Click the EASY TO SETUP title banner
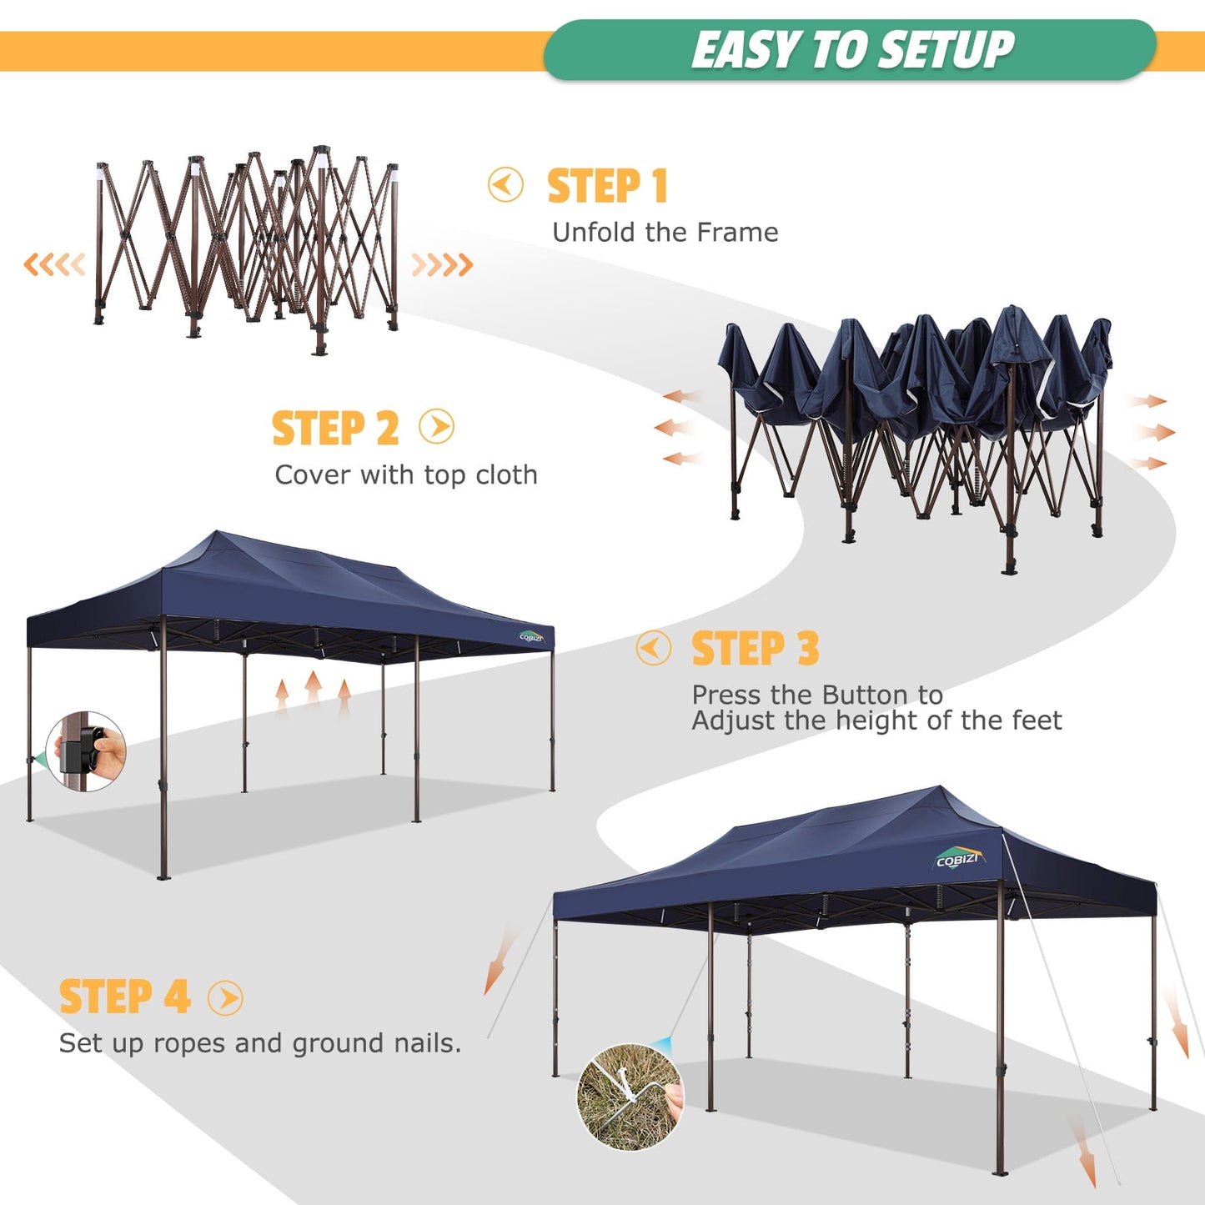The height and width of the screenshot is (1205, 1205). click(x=851, y=50)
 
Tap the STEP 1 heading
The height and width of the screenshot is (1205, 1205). click(x=607, y=186)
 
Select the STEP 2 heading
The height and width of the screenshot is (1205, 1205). click(x=335, y=429)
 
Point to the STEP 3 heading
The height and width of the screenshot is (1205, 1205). click(x=755, y=649)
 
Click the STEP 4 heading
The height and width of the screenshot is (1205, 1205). click(x=124, y=997)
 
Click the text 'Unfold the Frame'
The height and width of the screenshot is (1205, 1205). click(x=665, y=233)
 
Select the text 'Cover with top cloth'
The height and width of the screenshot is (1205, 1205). click(x=406, y=475)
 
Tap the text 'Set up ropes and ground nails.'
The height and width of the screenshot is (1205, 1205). click(x=259, y=1043)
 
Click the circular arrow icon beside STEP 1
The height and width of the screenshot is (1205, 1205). click(x=505, y=185)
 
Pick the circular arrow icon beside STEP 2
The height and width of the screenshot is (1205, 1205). click(x=437, y=427)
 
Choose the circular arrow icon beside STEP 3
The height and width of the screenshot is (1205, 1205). click(x=653, y=648)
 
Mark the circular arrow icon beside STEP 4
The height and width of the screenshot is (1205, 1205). click(x=225, y=997)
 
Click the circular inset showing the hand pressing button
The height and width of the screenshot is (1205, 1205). click(x=87, y=751)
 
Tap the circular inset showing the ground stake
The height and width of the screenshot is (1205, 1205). click(x=630, y=1097)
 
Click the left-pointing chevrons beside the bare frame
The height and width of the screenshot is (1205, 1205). click(x=54, y=265)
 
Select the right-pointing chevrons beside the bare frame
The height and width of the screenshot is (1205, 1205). click(x=442, y=265)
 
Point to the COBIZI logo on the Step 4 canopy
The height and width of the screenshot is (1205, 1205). click(x=957, y=858)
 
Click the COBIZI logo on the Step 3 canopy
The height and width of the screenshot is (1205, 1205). click(x=531, y=636)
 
